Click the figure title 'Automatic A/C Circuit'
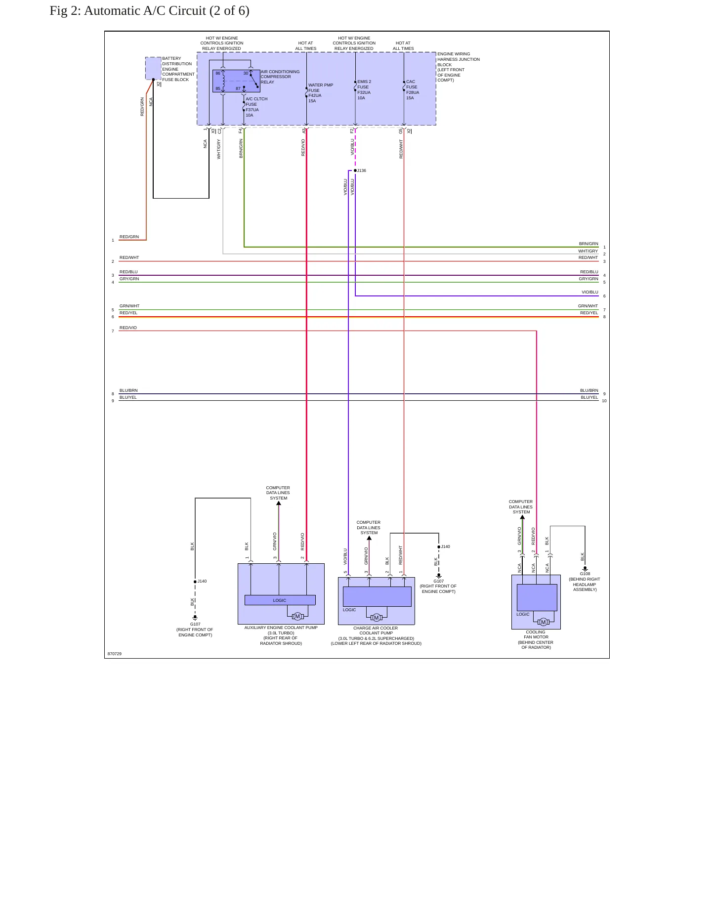point(145,11)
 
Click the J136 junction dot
point(355,170)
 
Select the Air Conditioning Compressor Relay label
point(280,77)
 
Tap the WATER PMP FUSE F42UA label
point(321,93)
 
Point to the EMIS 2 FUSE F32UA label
point(364,90)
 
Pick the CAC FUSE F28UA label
point(413,90)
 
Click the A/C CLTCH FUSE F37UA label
point(256,107)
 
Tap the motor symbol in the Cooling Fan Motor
point(544,622)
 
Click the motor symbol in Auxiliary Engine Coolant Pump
point(297,617)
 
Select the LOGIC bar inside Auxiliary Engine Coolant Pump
point(280,600)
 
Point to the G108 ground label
point(585,574)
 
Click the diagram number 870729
point(115,654)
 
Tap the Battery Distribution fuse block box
point(153,68)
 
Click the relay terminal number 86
point(218,73)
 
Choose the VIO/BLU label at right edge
point(590,292)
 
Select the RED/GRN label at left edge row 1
point(129,237)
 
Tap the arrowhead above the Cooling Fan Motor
point(522,517)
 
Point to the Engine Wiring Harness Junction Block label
point(459,67)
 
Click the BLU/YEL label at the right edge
point(589,397)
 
